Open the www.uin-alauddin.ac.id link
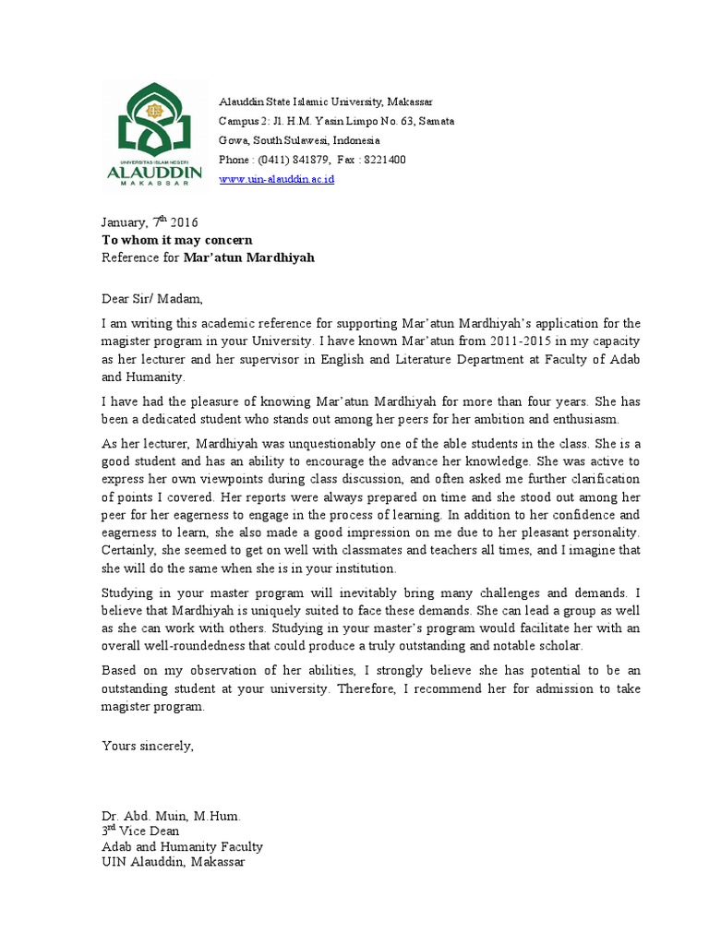tap(276, 179)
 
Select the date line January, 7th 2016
tap(149, 222)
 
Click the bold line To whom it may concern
tap(176, 240)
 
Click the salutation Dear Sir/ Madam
tap(150, 298)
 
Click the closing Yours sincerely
tap(148, 746)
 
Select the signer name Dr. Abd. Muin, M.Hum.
tap(171, 817)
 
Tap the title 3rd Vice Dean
tap(140, 831)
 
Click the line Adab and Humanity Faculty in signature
tap(182, 846)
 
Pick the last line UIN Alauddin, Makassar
tap(174, 861)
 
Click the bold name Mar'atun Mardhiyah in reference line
tap(248, 257)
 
